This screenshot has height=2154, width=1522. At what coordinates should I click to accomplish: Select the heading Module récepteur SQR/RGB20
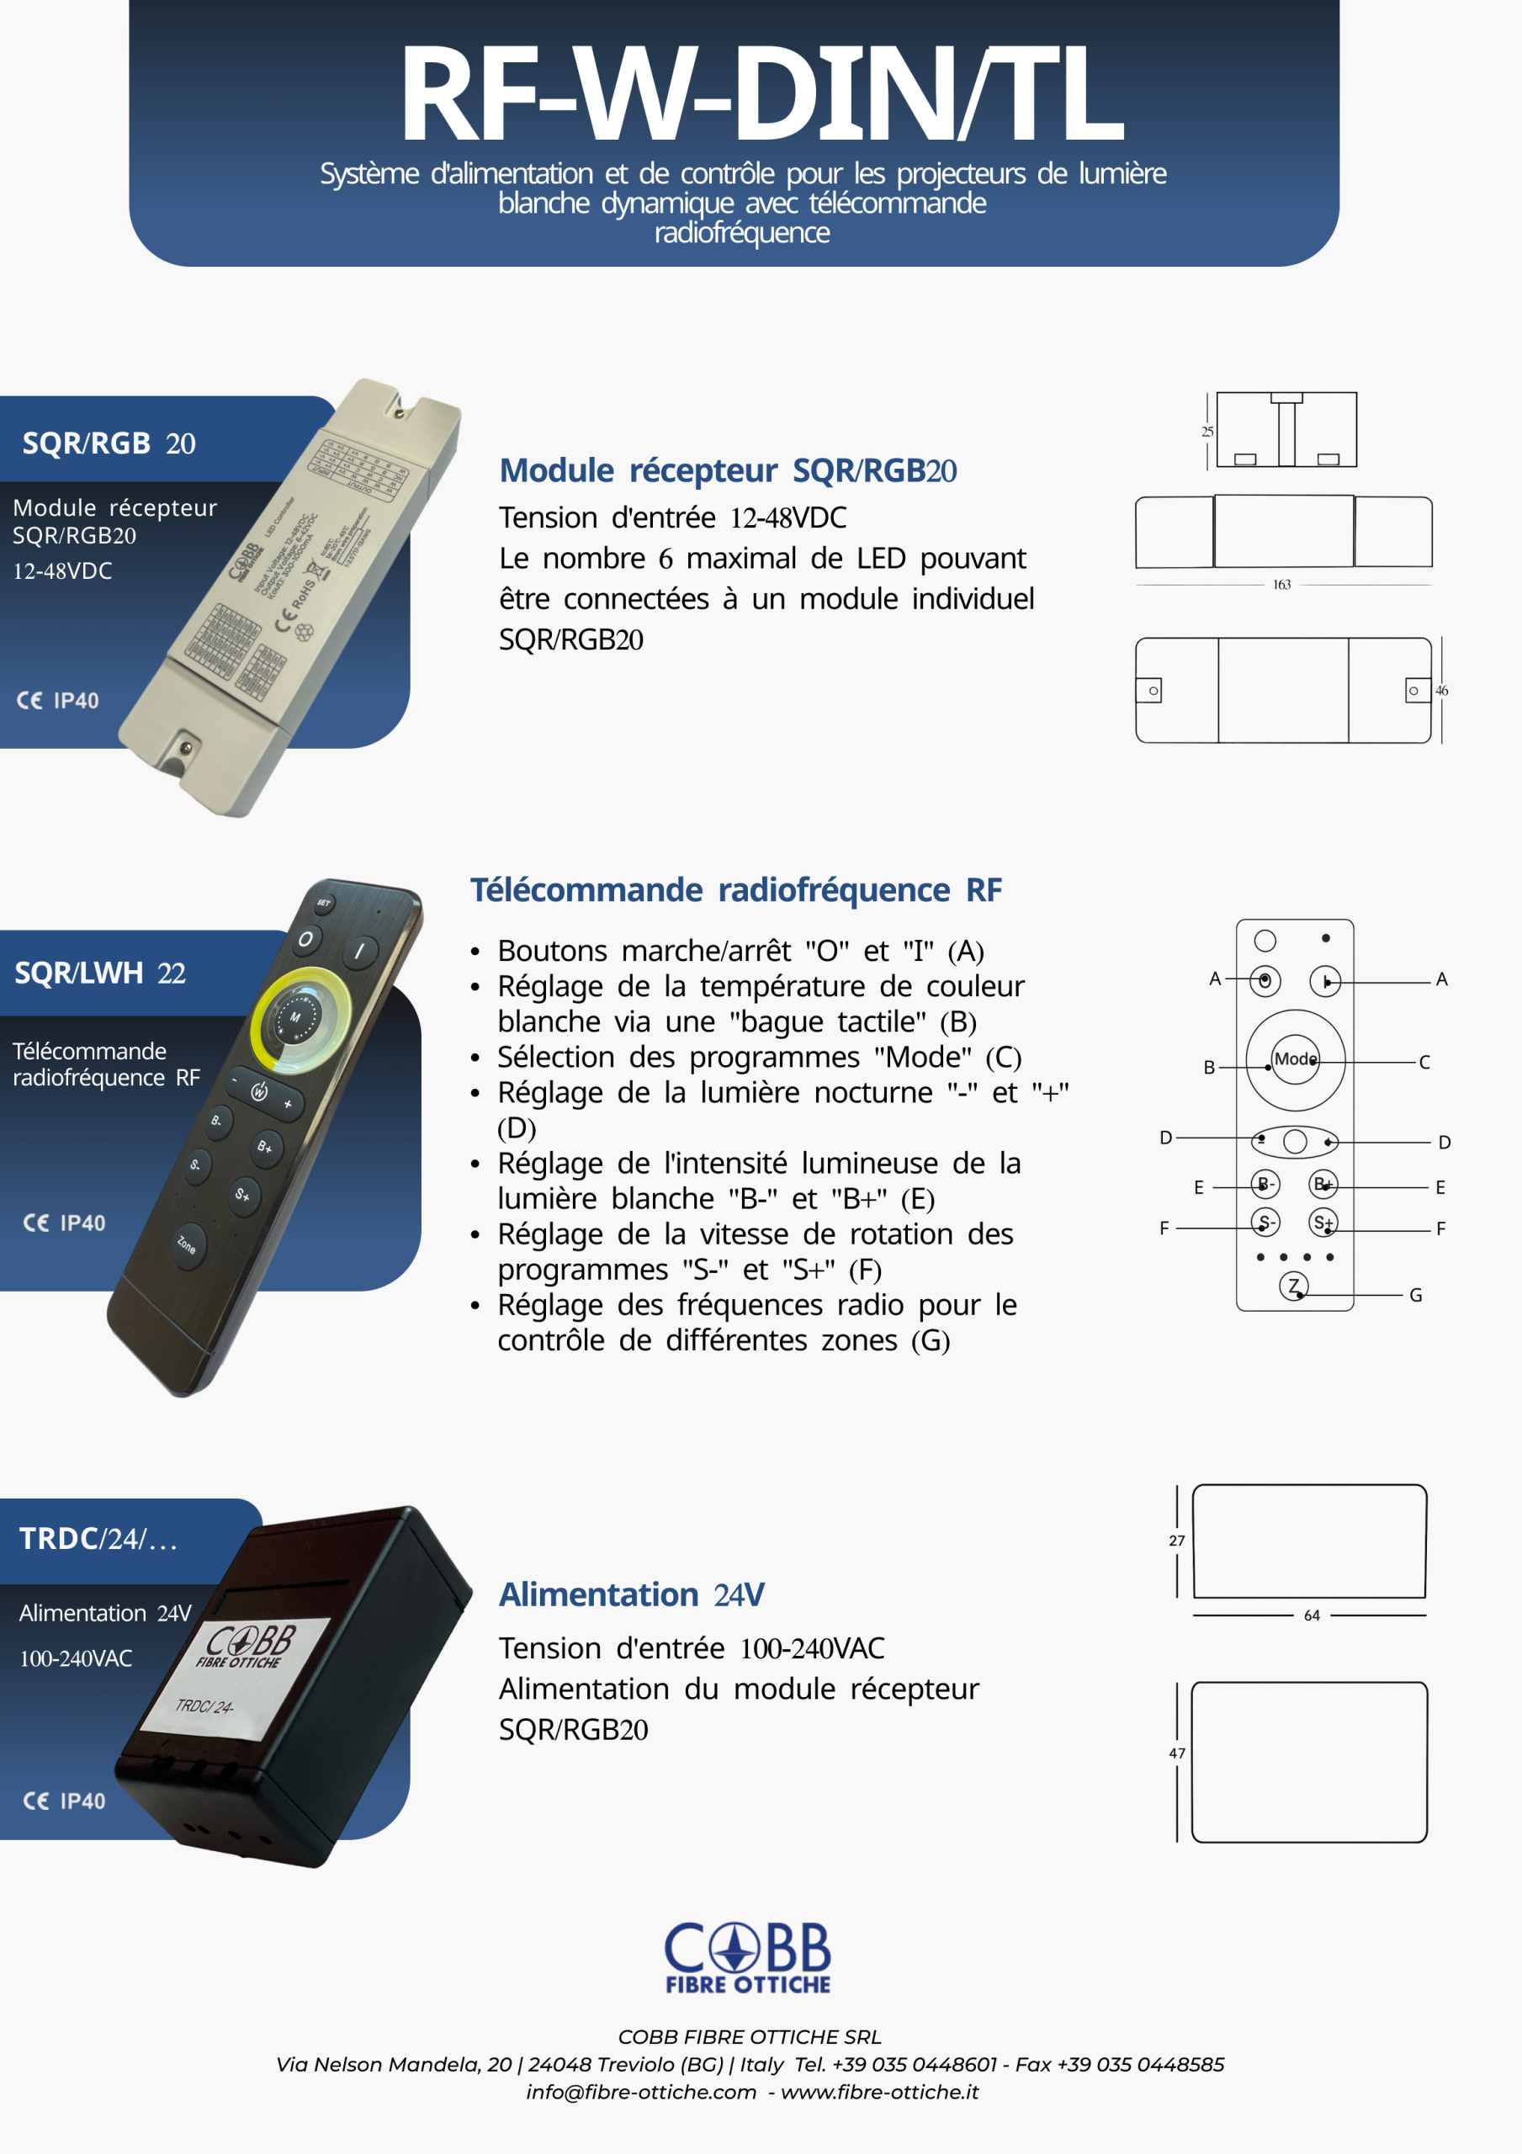point(727,470)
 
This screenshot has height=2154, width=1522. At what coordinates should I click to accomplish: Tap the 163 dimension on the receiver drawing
point(1281,585)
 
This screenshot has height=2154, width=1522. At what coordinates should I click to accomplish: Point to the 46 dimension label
point(1441,691)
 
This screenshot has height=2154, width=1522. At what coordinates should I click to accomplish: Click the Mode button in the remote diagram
point(1295,1059)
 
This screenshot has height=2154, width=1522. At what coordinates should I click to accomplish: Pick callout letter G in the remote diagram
point(1415,1295)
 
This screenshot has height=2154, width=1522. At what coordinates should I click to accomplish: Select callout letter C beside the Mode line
point(1424,1062)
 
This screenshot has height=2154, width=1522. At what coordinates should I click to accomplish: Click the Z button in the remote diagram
point(1293,1286)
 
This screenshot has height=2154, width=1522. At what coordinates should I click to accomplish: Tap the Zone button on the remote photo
point(187,1245)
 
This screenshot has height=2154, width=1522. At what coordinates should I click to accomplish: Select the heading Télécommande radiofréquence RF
point(734,889)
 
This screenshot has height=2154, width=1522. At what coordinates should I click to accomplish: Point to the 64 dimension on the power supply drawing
point(1311,1615)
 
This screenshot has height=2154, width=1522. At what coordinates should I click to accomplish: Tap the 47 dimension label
point(1177,1753)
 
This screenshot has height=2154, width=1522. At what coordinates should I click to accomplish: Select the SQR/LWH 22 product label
point(99,973)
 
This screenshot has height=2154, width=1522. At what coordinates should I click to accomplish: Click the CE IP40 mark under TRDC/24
point(64,1801)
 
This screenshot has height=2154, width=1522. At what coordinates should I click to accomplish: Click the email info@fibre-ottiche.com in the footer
point(641,2092)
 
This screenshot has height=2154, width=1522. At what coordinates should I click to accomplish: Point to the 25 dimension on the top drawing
point(1206,432)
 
